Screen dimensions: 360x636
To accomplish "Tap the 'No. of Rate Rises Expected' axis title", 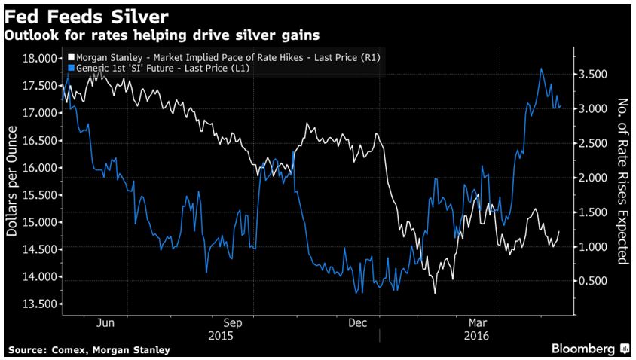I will tap(622, 181).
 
